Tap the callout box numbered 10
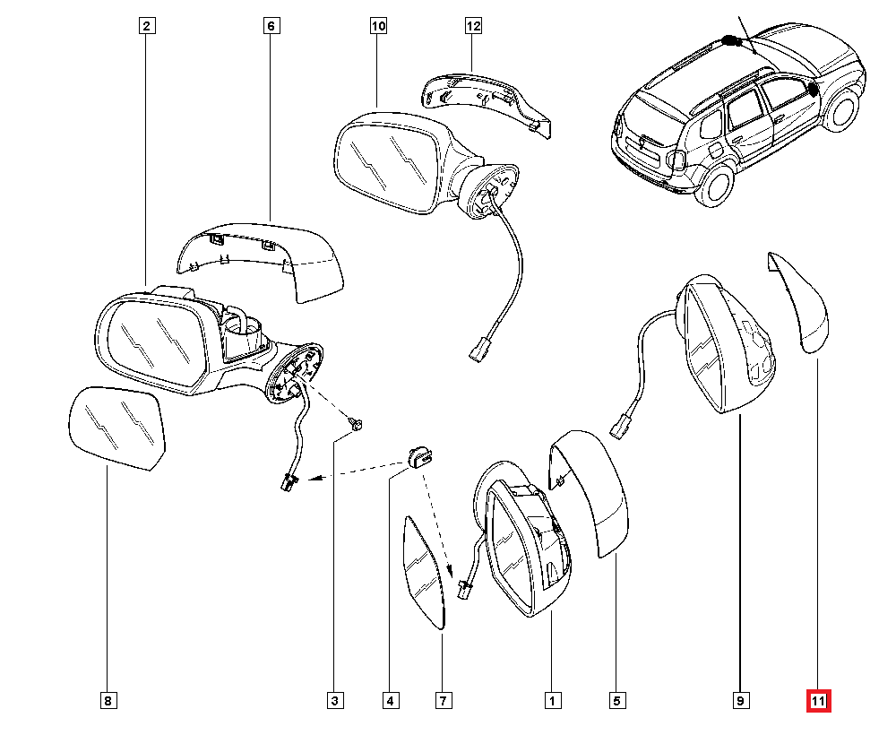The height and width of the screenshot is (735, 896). click(378, 26)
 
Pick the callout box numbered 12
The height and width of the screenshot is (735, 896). click(473, 26)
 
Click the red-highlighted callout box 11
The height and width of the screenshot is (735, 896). click(819, 700)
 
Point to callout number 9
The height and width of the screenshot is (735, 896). click(741, 700)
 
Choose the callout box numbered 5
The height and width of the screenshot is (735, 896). click(617, 700)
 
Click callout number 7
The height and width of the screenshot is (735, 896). click(444, 700)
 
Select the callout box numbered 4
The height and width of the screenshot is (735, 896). click(390, 700)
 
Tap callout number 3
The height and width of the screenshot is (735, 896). click(334, 700)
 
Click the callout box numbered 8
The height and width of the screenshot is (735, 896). click(107, 700)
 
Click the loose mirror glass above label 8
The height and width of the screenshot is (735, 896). click(119, 428)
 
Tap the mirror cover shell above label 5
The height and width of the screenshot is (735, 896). click(592, 493)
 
